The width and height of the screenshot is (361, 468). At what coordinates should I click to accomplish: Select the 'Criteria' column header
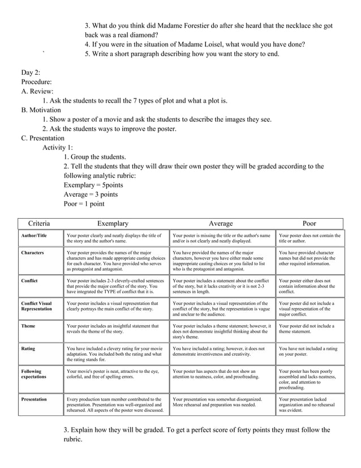pyautogui.click(x=39, y=224)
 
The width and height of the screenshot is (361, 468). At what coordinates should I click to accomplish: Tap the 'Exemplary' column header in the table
pyautogui.click(x=113, y=224)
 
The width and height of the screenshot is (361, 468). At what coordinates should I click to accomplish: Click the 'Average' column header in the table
pyautogui.click(x=221, y=224)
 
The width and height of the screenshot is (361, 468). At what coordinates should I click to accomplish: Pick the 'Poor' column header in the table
pyautogui.click(x=310, y=224)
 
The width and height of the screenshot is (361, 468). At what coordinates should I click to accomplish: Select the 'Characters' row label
pyautogui.click(x=33, y=253)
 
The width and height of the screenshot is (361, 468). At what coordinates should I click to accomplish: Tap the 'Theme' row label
pyautogui.click(x=28, y=326)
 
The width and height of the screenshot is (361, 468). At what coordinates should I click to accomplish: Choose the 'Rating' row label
pyautogui.click(x=28, y=349)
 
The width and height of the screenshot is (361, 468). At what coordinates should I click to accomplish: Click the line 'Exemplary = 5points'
pyautogui.click(x=93, y=185)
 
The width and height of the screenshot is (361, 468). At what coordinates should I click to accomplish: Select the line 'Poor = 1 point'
pyautogui.click(x=84, y=204)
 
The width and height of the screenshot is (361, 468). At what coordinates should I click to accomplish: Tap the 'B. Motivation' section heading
pyautogui.click(x=41, y=110)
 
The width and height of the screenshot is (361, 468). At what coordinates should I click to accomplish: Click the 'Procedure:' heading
pyautogui.click(x=37, y=82)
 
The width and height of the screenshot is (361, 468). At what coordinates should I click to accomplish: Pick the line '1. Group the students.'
pyautogui.click(x=95, y=157)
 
